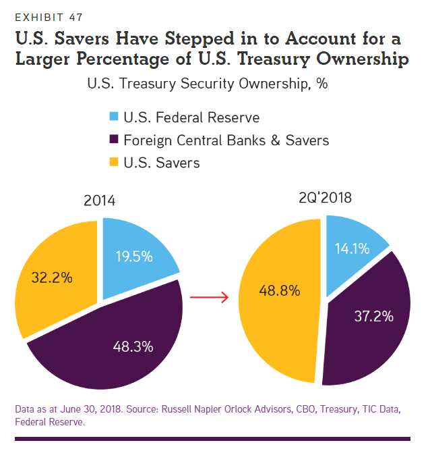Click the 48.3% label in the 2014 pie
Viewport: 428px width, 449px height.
click(133, 347)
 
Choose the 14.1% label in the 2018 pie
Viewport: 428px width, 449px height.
click(352, 248)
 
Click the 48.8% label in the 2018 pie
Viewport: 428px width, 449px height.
click(280, 290)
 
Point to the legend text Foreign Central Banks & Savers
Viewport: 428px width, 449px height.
click(226, 140)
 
